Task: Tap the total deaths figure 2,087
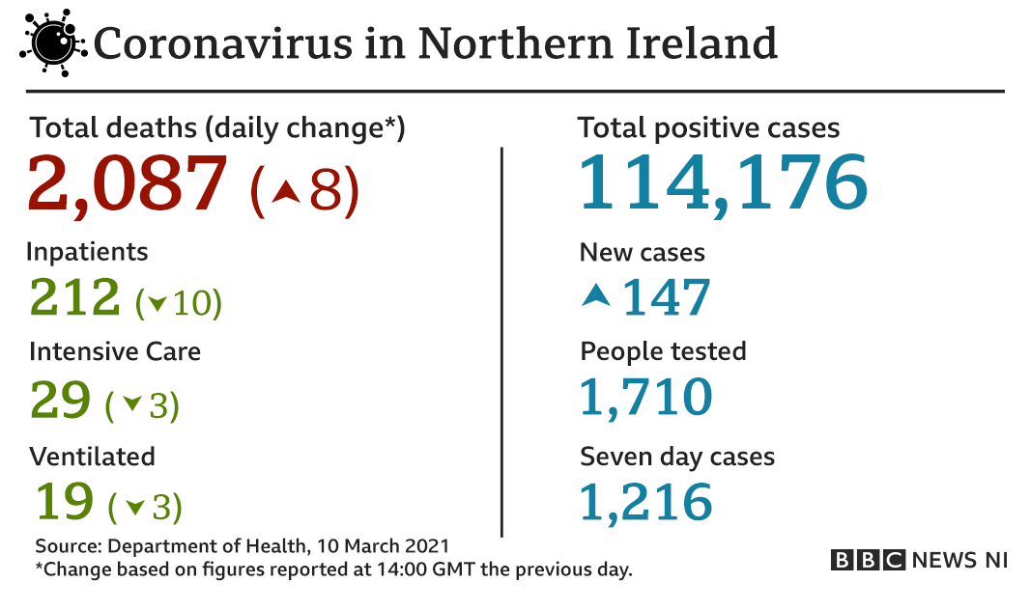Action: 128,183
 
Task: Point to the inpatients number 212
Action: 75,297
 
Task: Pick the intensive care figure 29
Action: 60,399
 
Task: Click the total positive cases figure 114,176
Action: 723,182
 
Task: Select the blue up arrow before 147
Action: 596,296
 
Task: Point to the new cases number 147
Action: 666,297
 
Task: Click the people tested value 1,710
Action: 645,397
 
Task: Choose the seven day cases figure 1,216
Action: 645,501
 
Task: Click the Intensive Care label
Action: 115,351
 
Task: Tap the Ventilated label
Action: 92,455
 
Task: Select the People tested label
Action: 663,351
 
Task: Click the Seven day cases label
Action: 676,456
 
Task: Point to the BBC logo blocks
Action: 867,560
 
